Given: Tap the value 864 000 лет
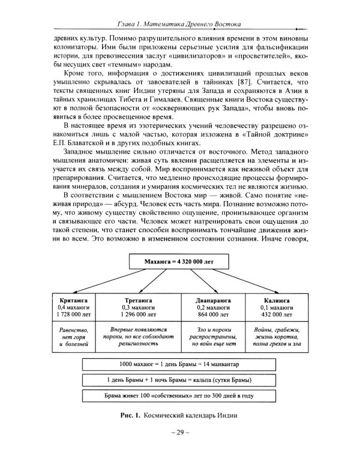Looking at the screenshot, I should [x=214, y=315].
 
